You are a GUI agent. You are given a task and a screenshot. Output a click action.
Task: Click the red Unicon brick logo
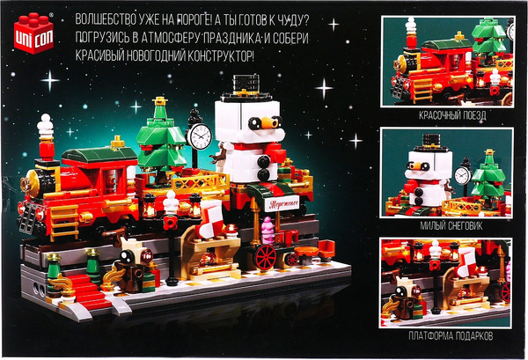click(33, 33)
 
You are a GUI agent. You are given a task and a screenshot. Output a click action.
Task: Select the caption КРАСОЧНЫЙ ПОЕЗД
click(452, 115)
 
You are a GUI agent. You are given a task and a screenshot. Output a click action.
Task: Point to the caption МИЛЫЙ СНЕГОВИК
click(451, 225)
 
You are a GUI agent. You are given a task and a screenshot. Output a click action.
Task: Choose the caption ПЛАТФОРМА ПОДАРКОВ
click(451, 335)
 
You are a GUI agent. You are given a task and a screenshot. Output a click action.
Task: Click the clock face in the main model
click(200, 136)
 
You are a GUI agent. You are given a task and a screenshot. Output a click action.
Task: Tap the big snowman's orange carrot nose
click(269, 123)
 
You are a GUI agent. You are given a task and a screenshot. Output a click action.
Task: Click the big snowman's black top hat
click(246, 88)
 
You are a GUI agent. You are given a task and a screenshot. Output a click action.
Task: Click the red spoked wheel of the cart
click(266, 257)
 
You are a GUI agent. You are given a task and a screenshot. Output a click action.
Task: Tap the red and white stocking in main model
click(211, 219)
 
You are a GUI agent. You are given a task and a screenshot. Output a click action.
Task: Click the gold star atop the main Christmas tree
click(159, 100)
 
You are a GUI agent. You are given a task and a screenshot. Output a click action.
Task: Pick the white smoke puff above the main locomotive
click(45, 126)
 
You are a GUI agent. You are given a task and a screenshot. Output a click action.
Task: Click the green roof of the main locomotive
click(99, 154)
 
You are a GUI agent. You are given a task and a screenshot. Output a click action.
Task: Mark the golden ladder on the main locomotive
click(64, 222)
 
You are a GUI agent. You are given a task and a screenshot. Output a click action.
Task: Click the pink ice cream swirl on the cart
click(268, 231)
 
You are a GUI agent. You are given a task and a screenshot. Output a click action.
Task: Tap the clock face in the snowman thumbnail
click(462, 175)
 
